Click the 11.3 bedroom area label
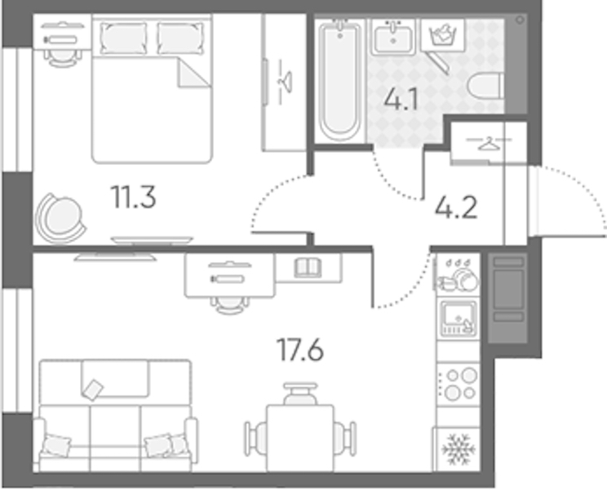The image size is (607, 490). click(133, 197)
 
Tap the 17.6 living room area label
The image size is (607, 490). click(300, 350)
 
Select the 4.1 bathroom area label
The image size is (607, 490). click(401, 99)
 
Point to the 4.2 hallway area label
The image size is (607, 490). click(456, 208)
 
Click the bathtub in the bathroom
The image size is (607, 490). click(340, 80)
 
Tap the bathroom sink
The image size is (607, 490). click(393, 37)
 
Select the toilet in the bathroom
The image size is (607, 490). click(485, 86)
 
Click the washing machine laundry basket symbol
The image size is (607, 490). click(443, 35)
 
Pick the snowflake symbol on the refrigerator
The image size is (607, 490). click(459, 449)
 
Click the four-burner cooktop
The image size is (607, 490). click(459, 385)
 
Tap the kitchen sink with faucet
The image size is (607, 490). click(459, 318)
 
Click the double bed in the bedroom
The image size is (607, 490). click(152, 88)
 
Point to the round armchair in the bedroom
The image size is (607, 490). click(60, 219)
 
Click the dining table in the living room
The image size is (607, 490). click(300, 438)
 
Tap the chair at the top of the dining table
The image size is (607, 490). click(300, 394)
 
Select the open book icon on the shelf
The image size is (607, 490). click(308, 268)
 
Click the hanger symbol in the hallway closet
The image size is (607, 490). click(489, 143)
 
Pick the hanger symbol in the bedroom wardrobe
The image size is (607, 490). click(286, 82)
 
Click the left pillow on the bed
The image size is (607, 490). click(123, 38)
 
